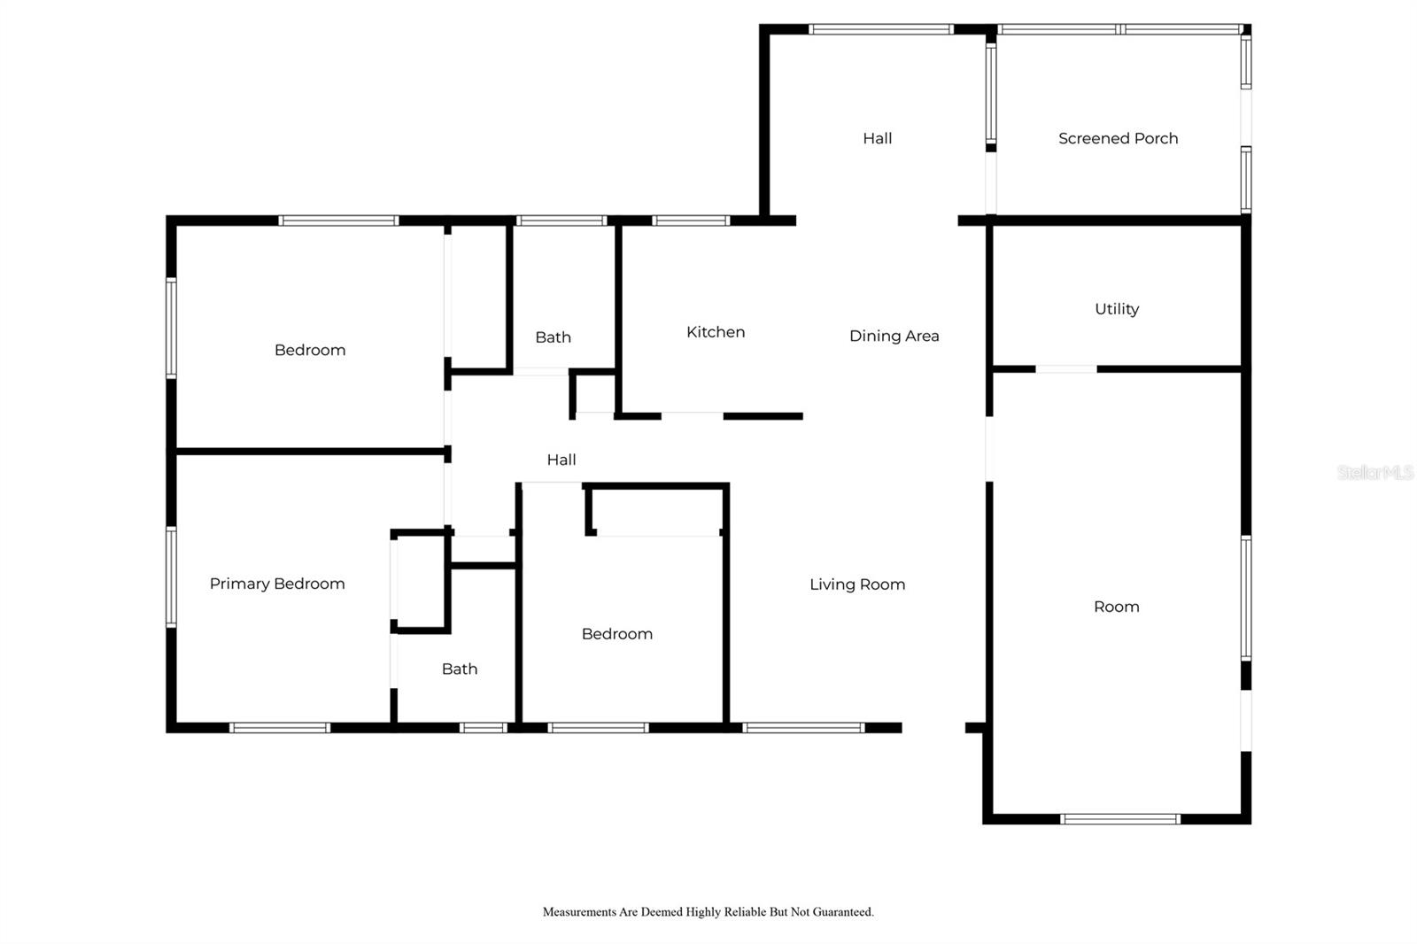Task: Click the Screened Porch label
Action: [x=1118, y=138]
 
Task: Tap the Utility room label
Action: [x=1117, y=309]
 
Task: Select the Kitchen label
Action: [x=716, y=332]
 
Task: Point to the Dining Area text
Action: [x=894, y=336]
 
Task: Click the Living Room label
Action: [x=857, y=584]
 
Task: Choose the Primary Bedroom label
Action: [x=277, y=584]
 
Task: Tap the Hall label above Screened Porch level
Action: [x=878, y=138]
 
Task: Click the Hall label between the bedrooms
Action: [x=561, y=460]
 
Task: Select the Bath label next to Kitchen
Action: [x=553, y=337]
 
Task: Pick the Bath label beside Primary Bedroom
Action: [x=460, y=669]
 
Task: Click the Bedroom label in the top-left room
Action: [x=310, y=351]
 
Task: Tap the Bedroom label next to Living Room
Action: [x=616, y=634]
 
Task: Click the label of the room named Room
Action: [x=1117, y=607]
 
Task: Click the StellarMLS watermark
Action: [x=1374, y=472]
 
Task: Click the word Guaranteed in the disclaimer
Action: [x=842, y=912]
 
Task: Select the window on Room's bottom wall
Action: [x=1119, y=819]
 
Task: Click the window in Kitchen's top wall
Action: [x=691, y=221]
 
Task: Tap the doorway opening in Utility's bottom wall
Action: [x=1066, y=369]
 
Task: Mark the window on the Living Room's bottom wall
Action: [x=803, y=728]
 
